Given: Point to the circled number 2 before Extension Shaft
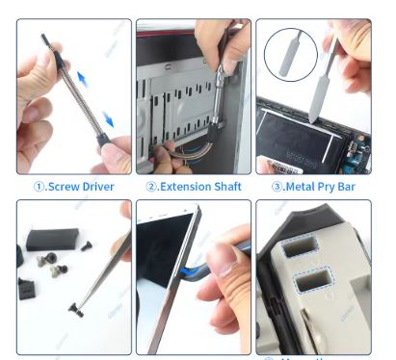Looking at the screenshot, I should click(151, 186).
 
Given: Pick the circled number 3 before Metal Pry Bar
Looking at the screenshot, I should click(274, 186).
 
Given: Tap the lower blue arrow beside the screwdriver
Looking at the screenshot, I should click(109, 119).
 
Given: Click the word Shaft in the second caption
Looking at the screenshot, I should click(224, 186).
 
